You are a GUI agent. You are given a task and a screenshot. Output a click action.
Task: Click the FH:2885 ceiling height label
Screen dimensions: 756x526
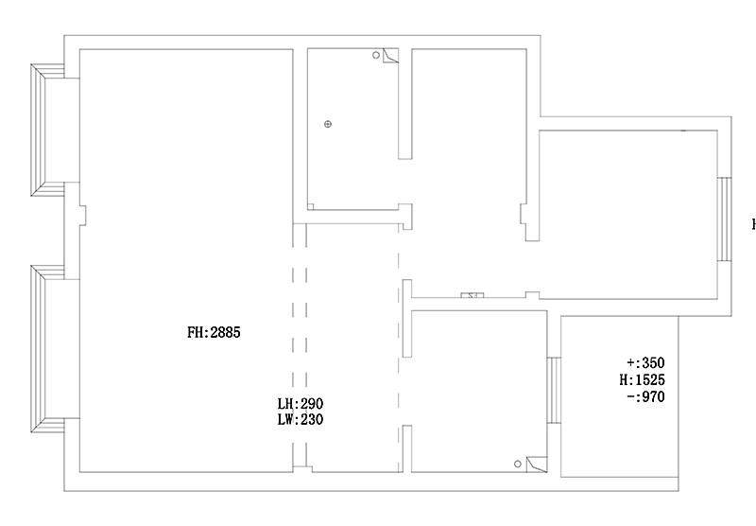tap(214, 332)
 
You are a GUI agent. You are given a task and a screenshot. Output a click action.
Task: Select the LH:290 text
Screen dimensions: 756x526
tap(300, 403)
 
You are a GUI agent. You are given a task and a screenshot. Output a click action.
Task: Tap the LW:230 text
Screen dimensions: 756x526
tap(300, 419)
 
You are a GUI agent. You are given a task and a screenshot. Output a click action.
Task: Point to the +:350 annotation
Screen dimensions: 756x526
tap(645, 362)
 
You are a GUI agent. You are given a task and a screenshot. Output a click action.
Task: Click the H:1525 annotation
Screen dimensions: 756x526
tap(643, 379)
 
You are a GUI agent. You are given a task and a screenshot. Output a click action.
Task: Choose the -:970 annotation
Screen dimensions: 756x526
tap(646, 396)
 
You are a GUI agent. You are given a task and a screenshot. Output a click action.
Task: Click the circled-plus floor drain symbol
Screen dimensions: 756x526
tap(328, 124)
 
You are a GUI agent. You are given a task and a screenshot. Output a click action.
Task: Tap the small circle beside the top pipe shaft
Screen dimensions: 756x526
tap(376, 55)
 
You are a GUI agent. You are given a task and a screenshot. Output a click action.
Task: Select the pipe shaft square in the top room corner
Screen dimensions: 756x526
tap(390, 56)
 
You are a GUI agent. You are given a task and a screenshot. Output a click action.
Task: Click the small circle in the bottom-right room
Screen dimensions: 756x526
tap(517, 464)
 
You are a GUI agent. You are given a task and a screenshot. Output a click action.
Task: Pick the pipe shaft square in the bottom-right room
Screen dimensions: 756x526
tap(537, 465)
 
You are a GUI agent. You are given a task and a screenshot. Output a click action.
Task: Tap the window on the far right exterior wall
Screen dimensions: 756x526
tap(724, 219)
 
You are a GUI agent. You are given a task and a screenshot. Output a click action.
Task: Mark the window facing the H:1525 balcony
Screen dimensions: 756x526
tap(554, 390)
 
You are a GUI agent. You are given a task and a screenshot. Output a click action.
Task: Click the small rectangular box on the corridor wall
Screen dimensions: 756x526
tap(472, 295)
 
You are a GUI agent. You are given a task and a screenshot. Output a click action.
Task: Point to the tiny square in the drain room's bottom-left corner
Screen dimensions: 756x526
tap(311, 206)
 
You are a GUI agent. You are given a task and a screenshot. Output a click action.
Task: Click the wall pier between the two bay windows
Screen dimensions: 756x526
tap(73, 231)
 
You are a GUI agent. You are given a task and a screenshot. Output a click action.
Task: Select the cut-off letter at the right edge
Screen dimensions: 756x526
tap(753, 224)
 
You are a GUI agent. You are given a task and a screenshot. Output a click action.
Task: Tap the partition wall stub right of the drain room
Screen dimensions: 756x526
tap(405, 104)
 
